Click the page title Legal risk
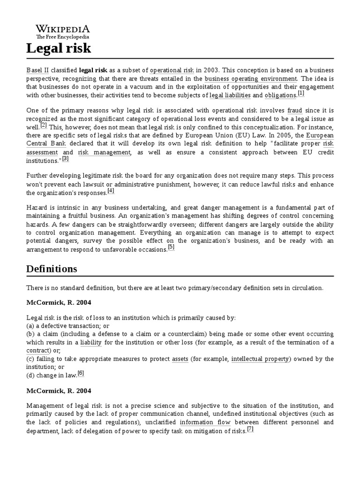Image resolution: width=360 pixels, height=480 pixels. click(59, 48)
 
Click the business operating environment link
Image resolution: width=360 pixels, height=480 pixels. click(251, 78)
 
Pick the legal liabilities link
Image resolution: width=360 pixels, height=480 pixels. click(230, 95)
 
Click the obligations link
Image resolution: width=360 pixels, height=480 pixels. click(280, 95)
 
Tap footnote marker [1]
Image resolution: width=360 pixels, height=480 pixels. click(300, 93)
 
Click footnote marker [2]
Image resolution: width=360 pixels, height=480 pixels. click(44, 125)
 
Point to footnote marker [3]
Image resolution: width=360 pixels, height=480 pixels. click(66, 158)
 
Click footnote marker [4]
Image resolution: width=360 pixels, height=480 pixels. click(111, 191)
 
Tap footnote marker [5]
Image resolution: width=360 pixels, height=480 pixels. click(171, 247)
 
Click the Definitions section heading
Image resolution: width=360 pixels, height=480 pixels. click(52, 269)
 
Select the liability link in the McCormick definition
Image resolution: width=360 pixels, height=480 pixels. click(91, 343)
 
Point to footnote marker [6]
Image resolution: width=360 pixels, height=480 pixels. click(81, 373)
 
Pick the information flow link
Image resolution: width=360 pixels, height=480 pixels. click(205, 422)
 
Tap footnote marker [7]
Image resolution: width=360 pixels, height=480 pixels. click(250, 429)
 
